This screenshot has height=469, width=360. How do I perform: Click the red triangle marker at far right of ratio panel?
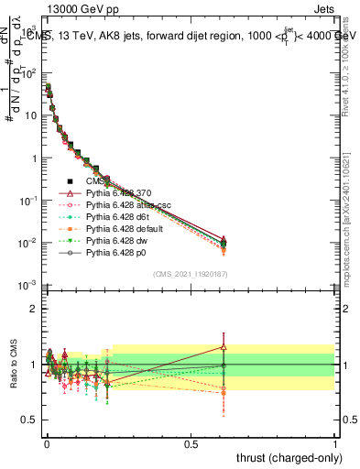coord(224,346)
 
